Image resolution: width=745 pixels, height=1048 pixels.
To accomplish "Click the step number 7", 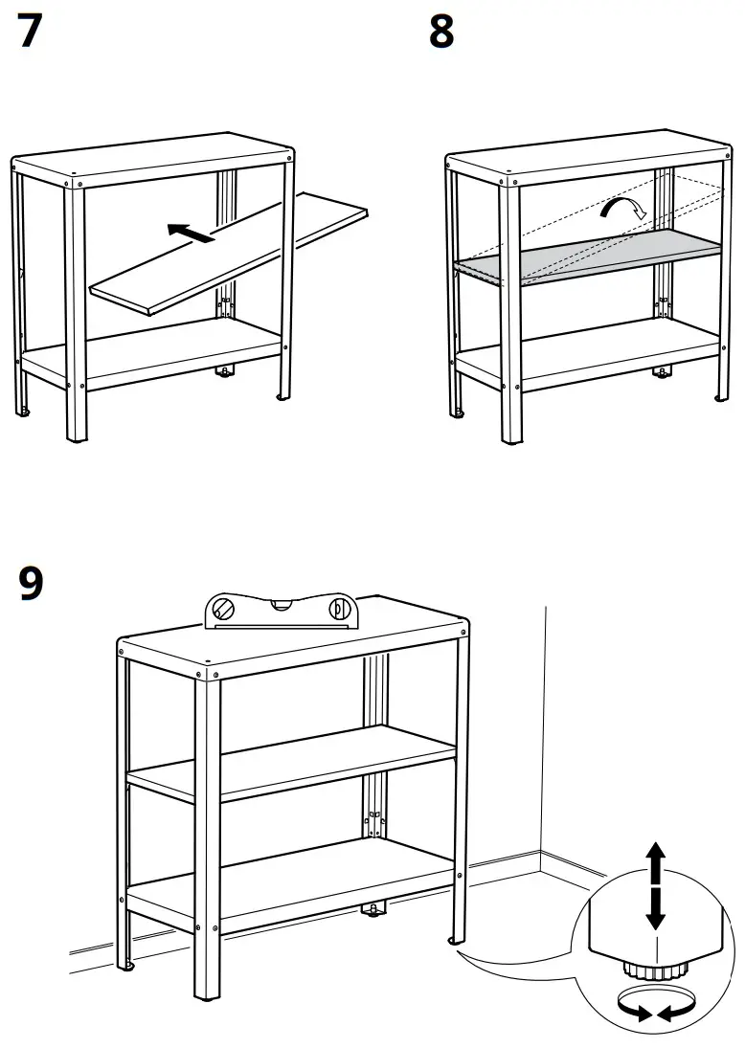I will click(x=30, y=33).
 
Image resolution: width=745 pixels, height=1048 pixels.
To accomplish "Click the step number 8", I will click(x=441, y=33).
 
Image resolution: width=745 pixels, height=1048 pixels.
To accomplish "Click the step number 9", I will click(x=31, y=583).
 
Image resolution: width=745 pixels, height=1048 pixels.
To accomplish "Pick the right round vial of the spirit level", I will click(x=339, y=609).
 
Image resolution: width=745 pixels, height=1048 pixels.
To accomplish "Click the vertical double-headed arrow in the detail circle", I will click(x=654, y=885).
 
